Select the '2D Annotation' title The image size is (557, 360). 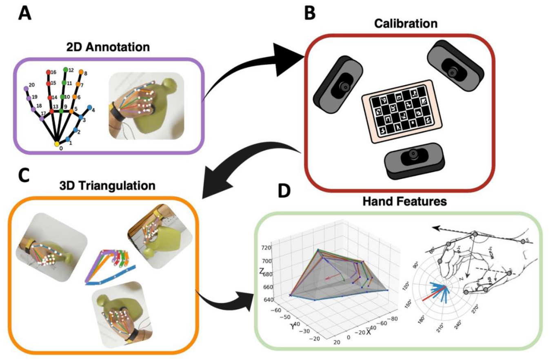[108, 47]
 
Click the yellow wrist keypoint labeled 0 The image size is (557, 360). [57, 144]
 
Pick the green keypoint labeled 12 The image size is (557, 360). [65, 70]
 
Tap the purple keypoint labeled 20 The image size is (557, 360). [26, 88]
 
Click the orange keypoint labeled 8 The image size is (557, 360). [81, 72]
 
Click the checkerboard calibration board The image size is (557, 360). [402, 111]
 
